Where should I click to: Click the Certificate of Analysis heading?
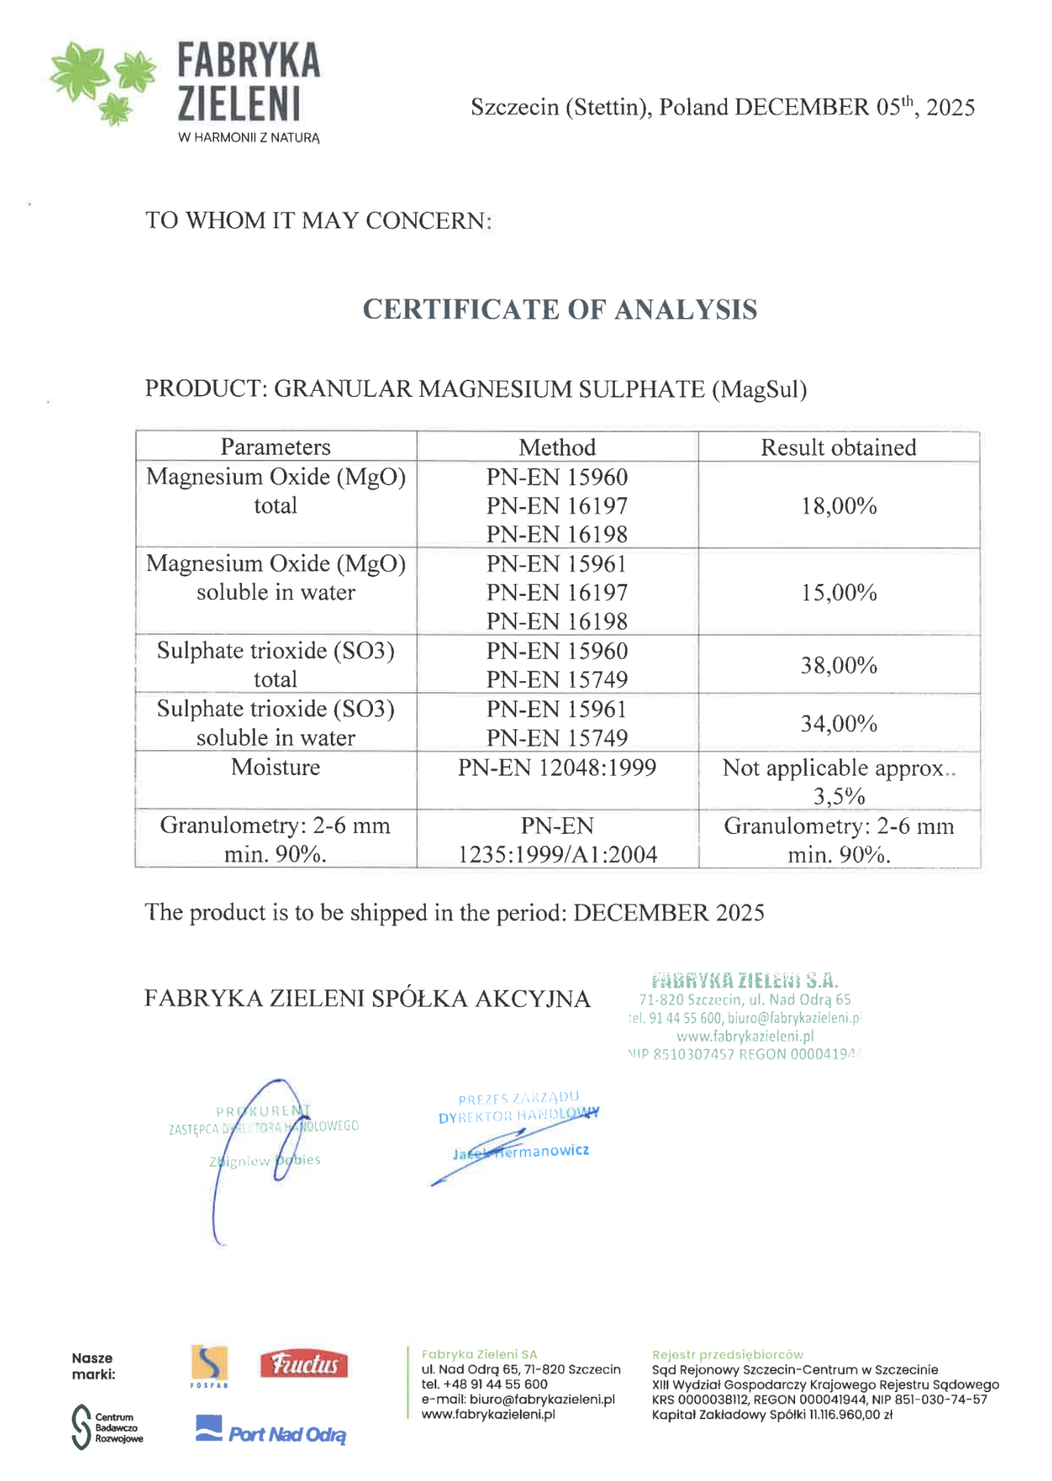pos(560,310)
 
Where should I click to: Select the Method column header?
pos(557,447)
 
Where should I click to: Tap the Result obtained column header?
pos(838,447)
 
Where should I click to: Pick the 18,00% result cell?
pos(839,505)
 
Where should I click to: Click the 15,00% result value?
pos(839,593)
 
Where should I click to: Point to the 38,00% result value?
pos(839,665)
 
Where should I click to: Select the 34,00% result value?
pos(839,724)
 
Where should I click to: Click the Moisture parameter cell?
pos(276,768)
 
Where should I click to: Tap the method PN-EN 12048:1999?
pos(557,768)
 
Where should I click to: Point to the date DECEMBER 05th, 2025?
pos(855,107)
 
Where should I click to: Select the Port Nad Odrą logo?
pos(271,1431)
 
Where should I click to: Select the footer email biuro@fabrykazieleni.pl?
pos(542,1399)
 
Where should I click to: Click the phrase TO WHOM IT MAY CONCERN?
pos(318,221)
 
